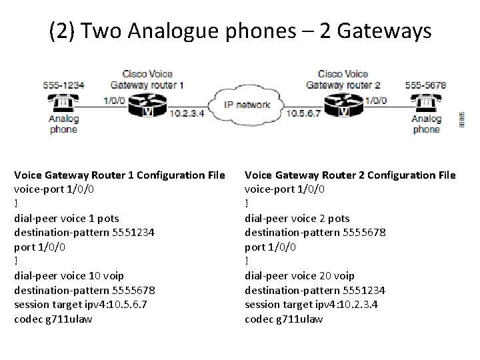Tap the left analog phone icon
63,104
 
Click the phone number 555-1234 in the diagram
63,85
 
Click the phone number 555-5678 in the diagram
426,85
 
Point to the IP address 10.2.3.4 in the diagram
188,113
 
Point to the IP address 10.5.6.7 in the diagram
303,113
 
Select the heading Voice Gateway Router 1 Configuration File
119,175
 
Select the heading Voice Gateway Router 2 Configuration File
350,175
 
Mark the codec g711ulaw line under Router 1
53,319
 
